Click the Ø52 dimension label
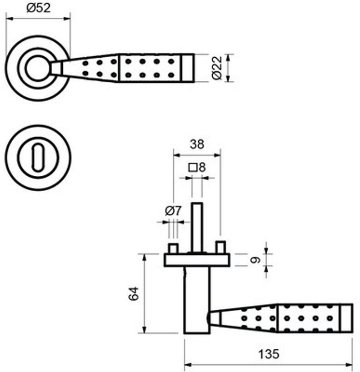(x=38, y=8)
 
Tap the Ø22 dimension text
(x=217, y=69)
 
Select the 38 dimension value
(x=197, y=144)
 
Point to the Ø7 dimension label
(x=173, y=210)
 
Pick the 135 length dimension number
(x=268, y=354)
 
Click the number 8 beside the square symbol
(x=202, y=167)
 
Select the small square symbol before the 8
(x=193, y=167)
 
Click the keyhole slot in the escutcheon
(x=35, y=157)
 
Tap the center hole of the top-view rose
(x=35, y=68)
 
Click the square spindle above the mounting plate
(x=196, y=227)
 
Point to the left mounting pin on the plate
(x=173, y=248)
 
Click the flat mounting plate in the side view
(x=196, y=260)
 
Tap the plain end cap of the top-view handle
(x=188, y=68)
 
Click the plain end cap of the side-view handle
(x=345, y=318)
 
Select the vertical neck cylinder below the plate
(x=196, y=300)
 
